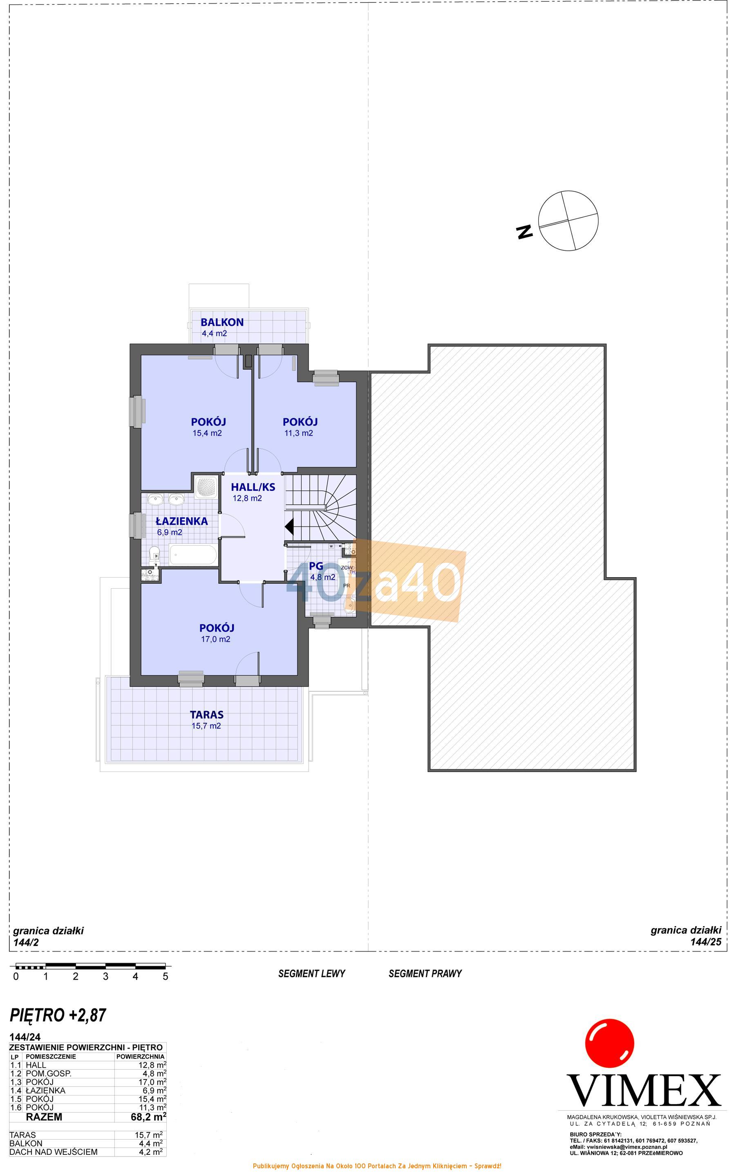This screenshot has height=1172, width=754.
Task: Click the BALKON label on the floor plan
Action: [222, 322]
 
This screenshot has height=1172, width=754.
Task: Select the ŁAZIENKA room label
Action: [181, 521]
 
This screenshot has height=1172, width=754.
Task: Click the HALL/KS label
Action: [253, 487]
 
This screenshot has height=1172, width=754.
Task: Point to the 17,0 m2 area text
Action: [215, 639]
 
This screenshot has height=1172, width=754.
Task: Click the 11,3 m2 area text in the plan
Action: [299, 433]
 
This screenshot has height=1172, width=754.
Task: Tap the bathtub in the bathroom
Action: [193, 555]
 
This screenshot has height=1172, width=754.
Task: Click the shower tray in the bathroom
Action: [206, 487]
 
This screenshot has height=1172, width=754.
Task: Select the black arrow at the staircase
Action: [289, 526]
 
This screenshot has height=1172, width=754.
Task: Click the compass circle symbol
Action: [568, 221]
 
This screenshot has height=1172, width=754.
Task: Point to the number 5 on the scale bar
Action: [166, 976]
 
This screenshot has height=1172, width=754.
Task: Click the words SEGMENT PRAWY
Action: [425, 974]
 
